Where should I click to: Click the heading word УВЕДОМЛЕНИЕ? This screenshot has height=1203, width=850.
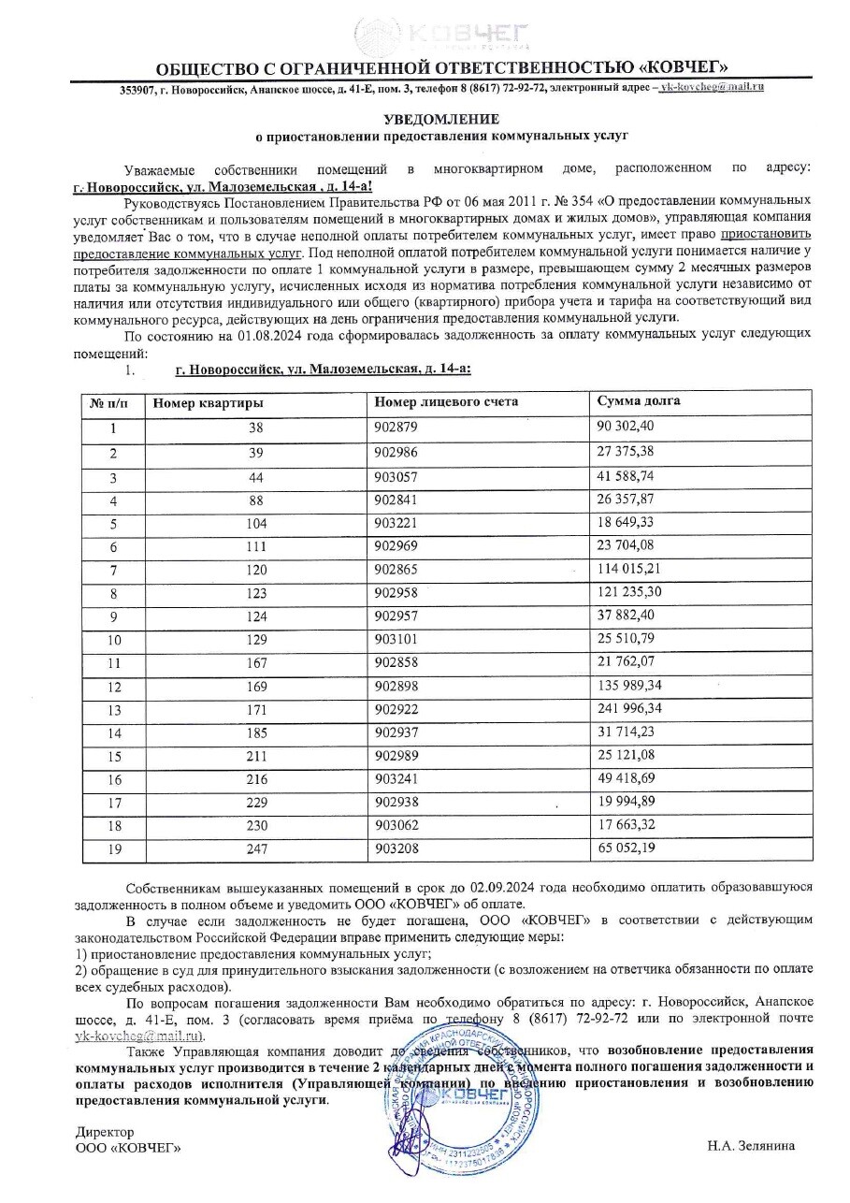pyautogui.click(x=442, y=119)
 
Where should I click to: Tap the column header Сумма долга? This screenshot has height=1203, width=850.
pyautogui.click(x=639, y=401)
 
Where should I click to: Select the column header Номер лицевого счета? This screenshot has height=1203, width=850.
pyautogui.click(x=445, y=401)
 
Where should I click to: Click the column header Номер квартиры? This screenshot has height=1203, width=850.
pyautogui.click(x=208, y=402)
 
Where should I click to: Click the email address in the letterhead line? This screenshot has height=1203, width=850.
pyautogui.click(x=712, y=86)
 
